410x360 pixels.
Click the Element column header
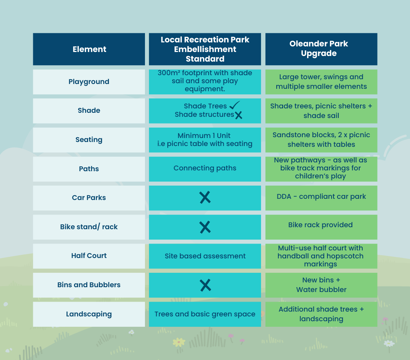[89, 49]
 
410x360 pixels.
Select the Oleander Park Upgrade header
[322, 49]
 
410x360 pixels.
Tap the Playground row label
[89, 82]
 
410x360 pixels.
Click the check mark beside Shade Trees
[235, 105]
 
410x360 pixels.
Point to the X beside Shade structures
[239, 115]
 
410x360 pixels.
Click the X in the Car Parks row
[205, 197]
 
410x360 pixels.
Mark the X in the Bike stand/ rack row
[205, 227]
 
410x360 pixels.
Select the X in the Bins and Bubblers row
[205, 285]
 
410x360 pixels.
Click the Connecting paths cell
[205, 169]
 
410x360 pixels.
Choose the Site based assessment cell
[205, 256]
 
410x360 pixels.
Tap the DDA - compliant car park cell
[322, 198]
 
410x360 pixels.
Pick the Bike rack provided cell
[322, 227]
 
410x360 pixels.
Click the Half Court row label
[89, 256]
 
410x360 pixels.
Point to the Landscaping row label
[89, 314]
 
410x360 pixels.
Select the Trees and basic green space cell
[205, 314]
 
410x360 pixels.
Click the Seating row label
[89, 140]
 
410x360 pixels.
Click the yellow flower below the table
[179, 342]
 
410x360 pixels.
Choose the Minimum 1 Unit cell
[205, 140]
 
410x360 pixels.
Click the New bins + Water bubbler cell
[322, 285]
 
